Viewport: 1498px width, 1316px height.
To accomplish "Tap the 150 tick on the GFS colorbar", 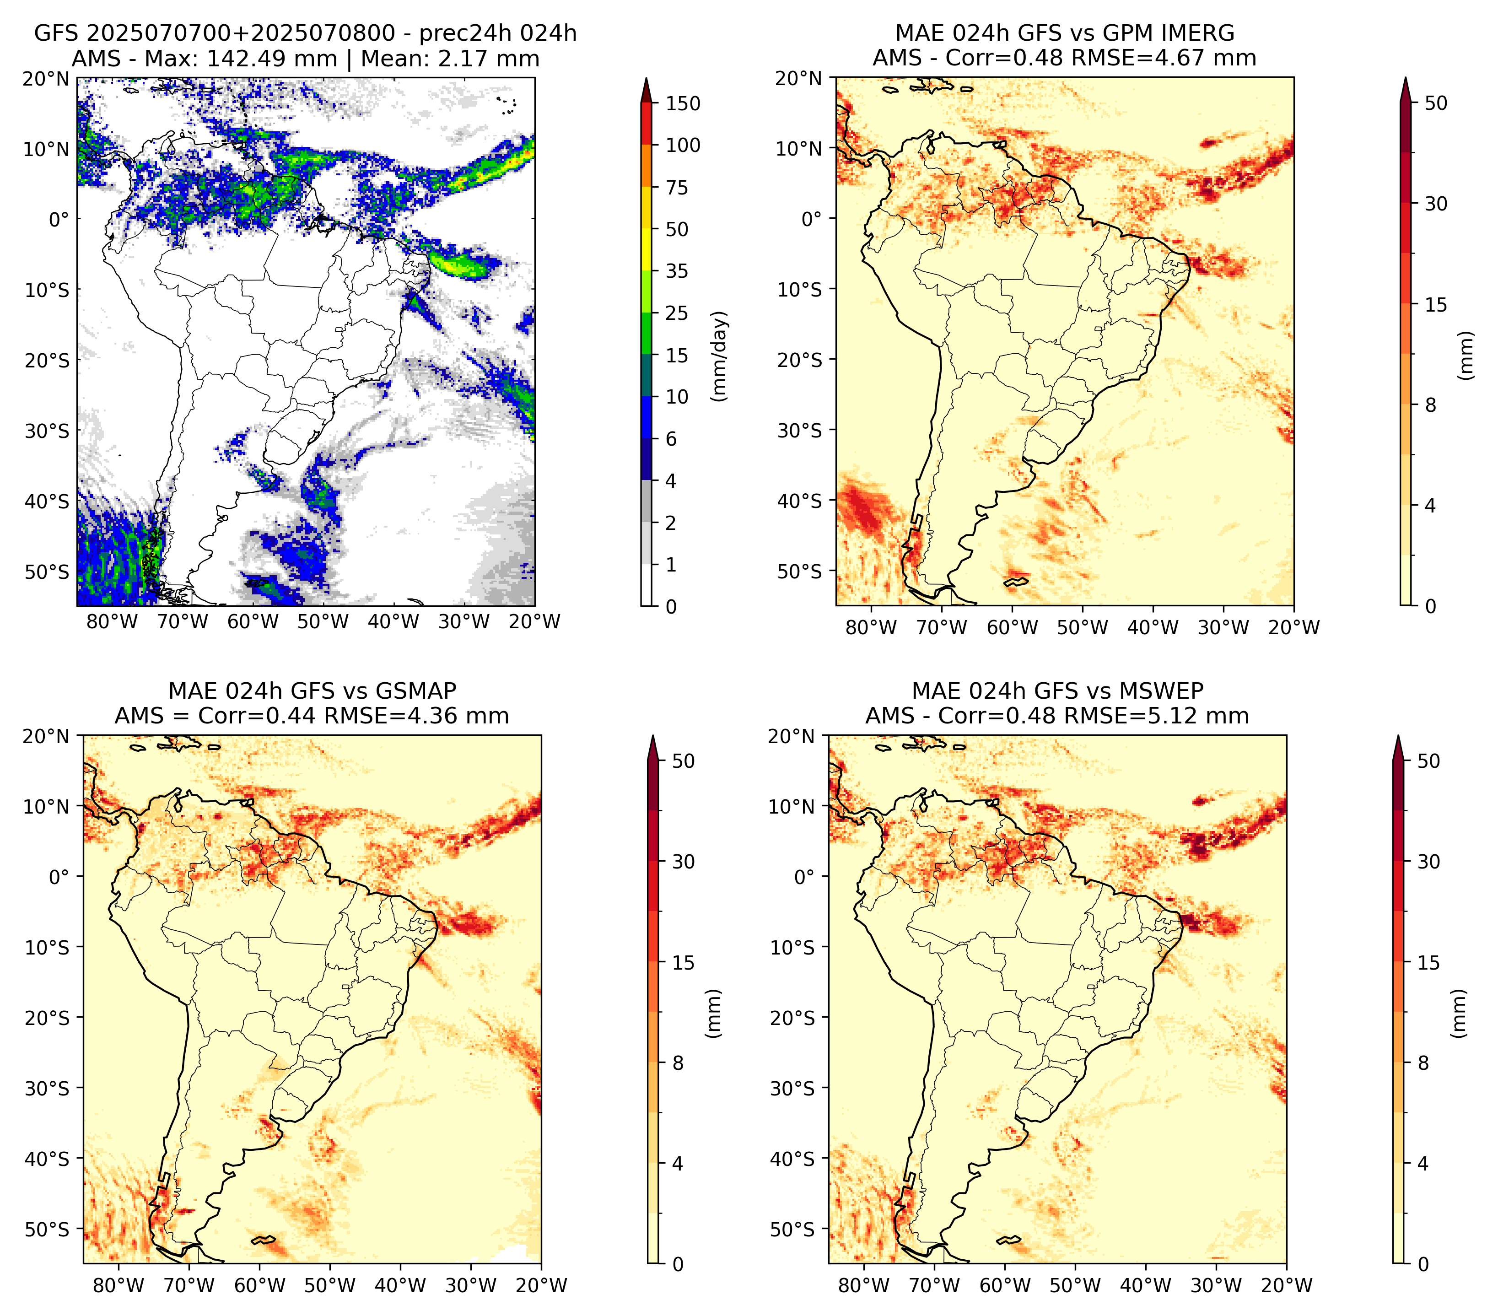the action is [683, 103].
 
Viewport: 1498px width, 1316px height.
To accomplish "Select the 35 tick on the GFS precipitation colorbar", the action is [677, 271].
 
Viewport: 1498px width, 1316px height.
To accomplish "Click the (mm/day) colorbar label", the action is [721, 356].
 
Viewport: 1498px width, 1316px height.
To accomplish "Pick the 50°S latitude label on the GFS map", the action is [47, 572].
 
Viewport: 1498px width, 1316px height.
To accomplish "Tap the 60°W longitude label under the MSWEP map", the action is [1006, 1285].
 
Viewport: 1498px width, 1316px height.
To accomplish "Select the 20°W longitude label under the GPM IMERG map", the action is [1294, 627].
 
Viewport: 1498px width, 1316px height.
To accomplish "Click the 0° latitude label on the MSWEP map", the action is [805, 876].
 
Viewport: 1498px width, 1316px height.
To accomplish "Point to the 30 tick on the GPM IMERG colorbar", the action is [1436, 204].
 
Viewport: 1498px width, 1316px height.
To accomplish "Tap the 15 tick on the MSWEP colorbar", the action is [1428, 962].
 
